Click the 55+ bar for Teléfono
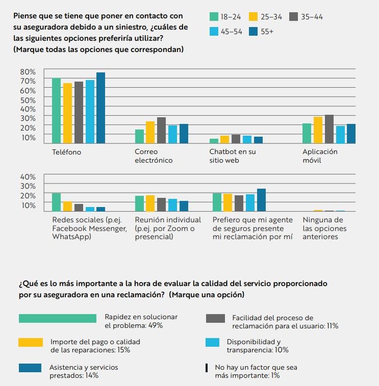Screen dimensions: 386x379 point(100,108)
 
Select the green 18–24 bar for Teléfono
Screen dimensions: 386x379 point(56,111)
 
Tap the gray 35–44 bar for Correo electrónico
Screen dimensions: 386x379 point(161,130)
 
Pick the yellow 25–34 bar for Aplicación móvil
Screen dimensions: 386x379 point(318,130)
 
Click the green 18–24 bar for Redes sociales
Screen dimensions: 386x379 point(56,202)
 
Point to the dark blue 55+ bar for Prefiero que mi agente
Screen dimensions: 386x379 point(261,200)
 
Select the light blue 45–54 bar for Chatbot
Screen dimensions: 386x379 point(247,139)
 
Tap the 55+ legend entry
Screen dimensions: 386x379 point(260,32)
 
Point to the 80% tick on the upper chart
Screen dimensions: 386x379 point(28,71)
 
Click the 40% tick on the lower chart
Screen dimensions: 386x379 point(28,177)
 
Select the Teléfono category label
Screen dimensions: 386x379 point(66,152)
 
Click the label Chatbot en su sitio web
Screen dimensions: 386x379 point(233,156)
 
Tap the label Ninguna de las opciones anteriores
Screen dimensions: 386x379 point(324,228)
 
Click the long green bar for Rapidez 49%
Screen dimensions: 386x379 point(58,318)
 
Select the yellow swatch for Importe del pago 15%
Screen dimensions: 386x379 point(31,343)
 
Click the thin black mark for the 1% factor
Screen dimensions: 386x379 point(207,368)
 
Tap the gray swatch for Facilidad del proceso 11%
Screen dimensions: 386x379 point(216,318)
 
